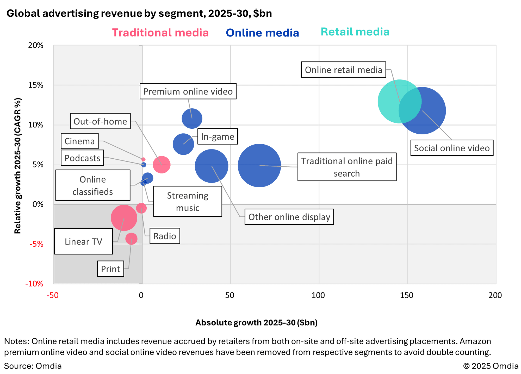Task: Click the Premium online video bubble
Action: [x=192, y=119]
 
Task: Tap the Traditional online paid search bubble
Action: [x=259, y=165]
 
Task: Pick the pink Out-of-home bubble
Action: [x=162, y=165]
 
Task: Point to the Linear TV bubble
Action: [x=124, y=218]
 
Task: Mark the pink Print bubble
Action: [x=131, y=239]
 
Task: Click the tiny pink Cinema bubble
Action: [x=143, y=159]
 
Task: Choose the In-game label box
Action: [x=218, y=136]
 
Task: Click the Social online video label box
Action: [x=452, y=148]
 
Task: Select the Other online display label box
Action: [x=289, y=217]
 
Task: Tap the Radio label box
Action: [x=165, y=236]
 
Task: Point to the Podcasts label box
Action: [x=82, y=158]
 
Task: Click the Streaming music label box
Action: [x=188, y=201]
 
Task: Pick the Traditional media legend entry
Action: [x=160, y=33]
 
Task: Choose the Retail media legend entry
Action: [x=355, y=32]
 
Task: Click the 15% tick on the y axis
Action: [x=36, y=85]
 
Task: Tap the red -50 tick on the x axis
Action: [x=53, y=295]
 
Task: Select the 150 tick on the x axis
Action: [x=407, y=295]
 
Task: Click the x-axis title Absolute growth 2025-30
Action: [x=256, y=322]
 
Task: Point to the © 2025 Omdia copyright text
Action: [x=491, y=366]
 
